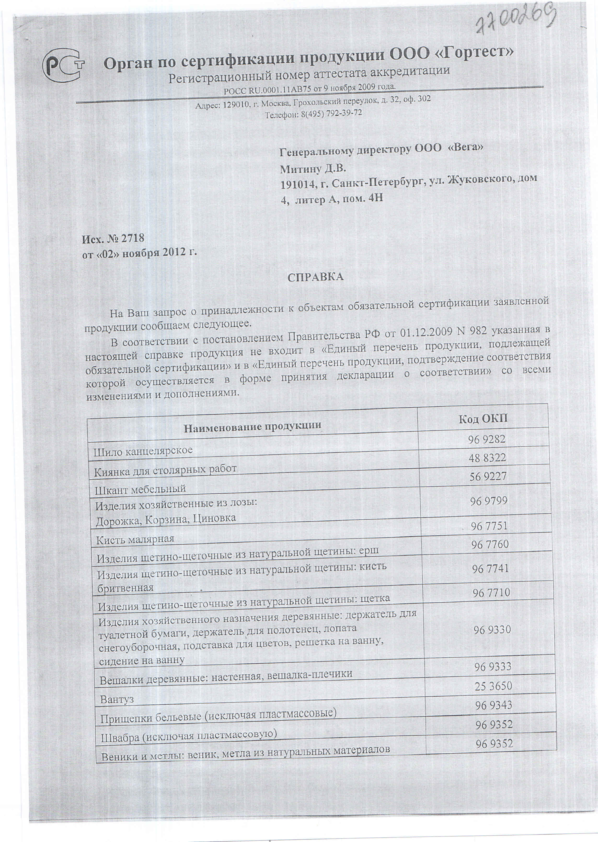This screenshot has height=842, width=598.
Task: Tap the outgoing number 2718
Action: (x=132, y=239)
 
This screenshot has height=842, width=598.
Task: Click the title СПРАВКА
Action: (x=316, y=277)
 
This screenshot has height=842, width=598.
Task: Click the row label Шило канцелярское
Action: (x=143, y=451)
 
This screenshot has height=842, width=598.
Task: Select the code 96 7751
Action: (x=489, y=526)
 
